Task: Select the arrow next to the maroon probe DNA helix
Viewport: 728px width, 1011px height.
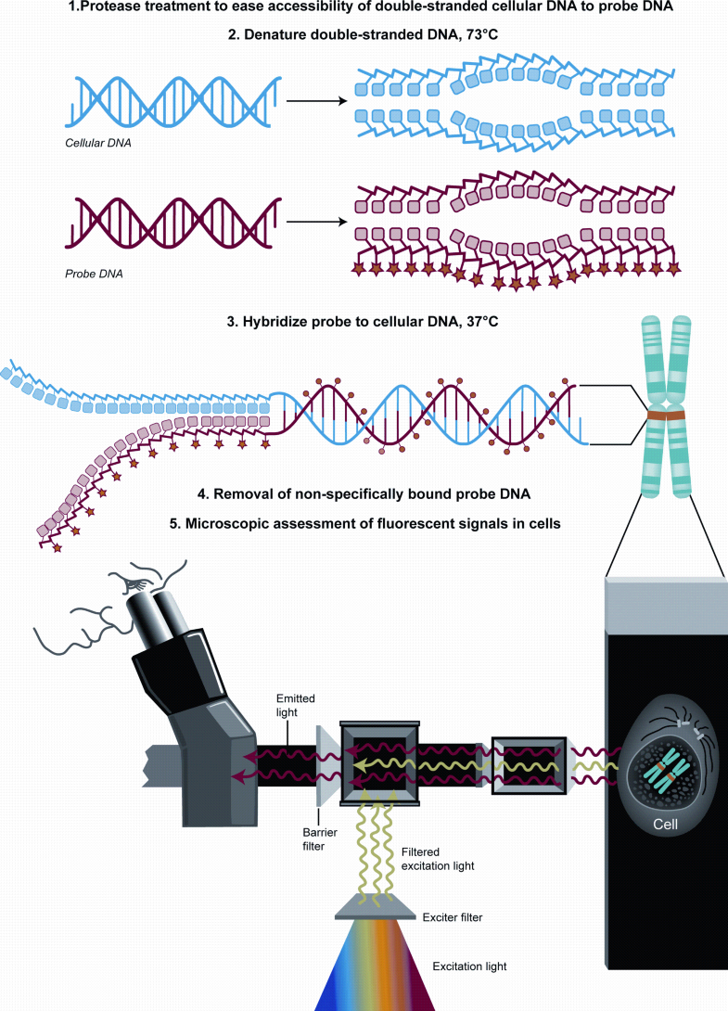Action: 312,222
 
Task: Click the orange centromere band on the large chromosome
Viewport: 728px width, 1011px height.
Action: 669,419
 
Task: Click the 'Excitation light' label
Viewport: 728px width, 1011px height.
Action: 468,966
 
